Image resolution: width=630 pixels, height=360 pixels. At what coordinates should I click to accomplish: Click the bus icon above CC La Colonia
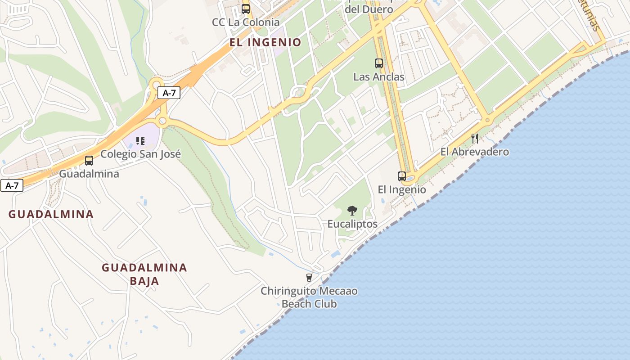(x=246, y=9)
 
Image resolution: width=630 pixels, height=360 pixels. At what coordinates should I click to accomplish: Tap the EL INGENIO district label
(x=265, y=43)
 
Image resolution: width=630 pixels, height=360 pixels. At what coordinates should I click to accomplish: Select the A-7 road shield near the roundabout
(x=169, y=93)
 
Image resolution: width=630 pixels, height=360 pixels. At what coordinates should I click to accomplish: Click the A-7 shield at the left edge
(x=12, y=185)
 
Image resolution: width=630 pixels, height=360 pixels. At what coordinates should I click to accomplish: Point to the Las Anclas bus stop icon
(x=379, y=63)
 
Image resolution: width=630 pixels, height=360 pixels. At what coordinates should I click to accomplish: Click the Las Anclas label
(x=379, y=77)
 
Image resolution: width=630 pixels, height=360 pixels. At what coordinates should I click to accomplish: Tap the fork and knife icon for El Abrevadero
(x=475, y=138)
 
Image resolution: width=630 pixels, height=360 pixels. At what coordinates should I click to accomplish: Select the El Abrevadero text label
(x=475, y=152)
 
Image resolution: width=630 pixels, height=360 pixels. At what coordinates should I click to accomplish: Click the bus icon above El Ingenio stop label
(x=402, y=176)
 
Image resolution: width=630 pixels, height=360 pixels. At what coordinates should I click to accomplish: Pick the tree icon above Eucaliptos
(x=352, y=210)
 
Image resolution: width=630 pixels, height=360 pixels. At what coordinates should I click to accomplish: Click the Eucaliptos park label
(x=352, y=224)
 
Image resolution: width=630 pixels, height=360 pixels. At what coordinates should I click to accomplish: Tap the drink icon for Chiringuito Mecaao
(x=309, y=278)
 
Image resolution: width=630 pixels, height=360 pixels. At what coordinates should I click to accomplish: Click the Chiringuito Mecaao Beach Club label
(x=309, y=297)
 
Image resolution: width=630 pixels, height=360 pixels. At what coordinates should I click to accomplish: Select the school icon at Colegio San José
(x=140, y=141)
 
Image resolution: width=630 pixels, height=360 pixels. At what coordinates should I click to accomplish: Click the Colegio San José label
(x=140, y=154)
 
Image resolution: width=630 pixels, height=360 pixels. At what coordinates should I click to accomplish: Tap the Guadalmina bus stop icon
(x=89, y=161)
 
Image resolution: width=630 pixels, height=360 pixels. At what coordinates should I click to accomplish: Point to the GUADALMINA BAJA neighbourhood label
(x=144, y=274)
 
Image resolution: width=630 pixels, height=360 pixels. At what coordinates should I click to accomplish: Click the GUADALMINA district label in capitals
(x=51, y=214)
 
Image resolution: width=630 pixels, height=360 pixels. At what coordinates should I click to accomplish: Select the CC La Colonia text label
(x=246, y=22)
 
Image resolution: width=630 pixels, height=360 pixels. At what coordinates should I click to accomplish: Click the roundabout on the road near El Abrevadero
(x=487, y=120)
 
